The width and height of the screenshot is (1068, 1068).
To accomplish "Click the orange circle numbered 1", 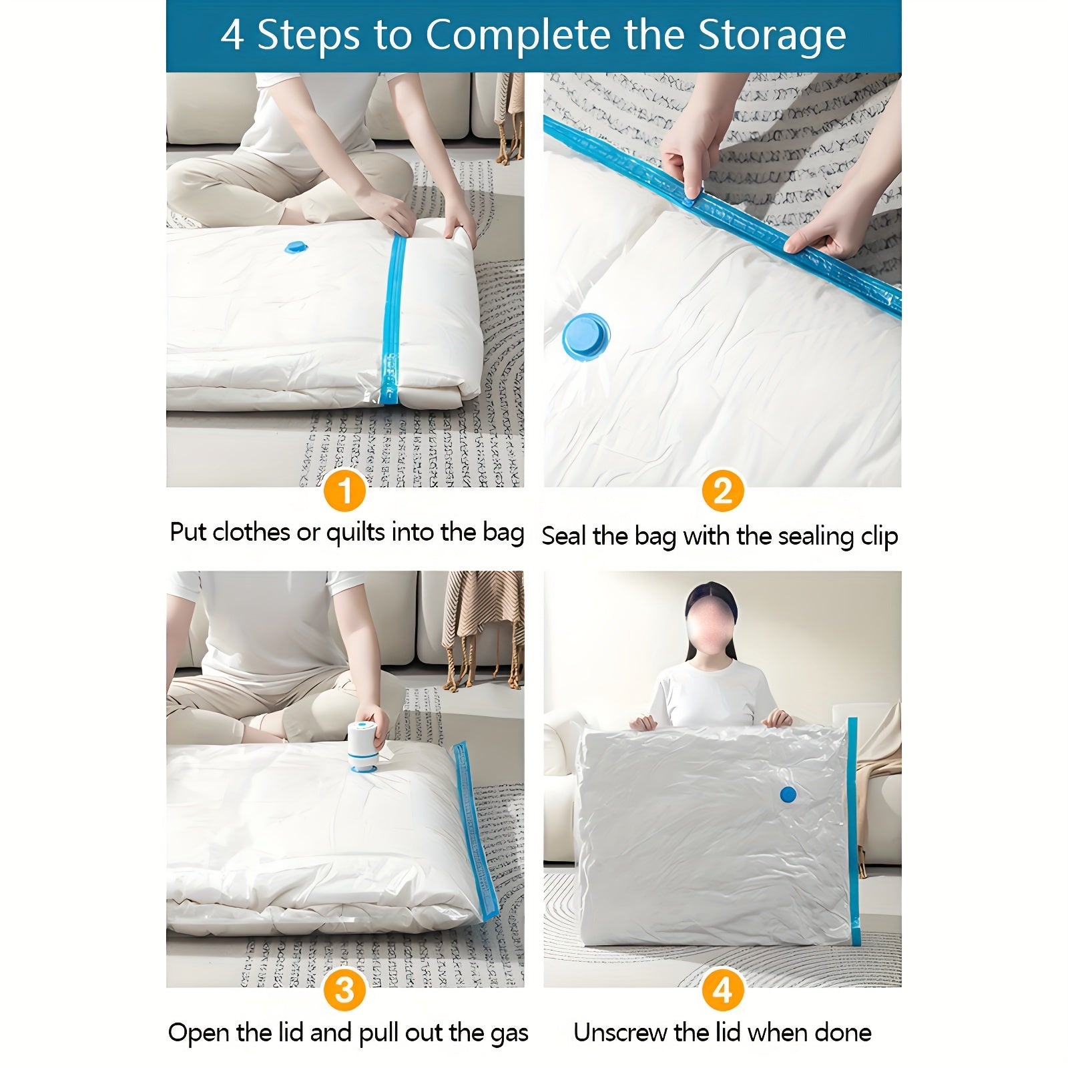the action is coord(344,491).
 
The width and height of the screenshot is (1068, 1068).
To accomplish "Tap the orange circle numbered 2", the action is coord(723,491).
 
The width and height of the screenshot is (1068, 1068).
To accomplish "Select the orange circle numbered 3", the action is coord(344,990).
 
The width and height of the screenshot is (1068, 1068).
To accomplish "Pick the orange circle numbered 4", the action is coord(723,990).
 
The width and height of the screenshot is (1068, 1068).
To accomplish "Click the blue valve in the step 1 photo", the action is coord(296,248).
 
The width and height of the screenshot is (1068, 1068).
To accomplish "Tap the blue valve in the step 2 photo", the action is coord(585,337).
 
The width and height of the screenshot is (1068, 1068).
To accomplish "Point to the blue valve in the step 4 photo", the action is coord(788,794).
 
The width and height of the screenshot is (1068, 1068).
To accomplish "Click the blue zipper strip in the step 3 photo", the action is coord(475,831).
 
